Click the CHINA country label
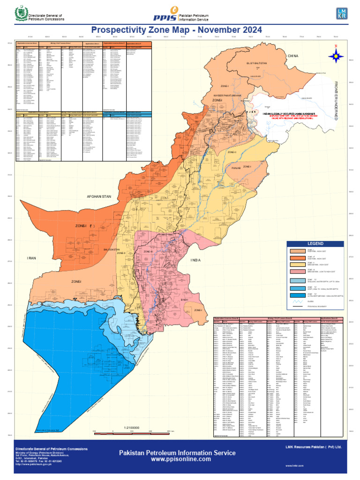coord(293,56)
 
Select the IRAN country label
coord(31,258)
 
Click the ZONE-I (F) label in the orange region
coord(85,226)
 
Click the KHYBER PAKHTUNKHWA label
coord(228,96)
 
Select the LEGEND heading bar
coord(315,244)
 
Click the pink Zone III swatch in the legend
coord(297,271)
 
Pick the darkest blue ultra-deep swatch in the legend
coord(297,296)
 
